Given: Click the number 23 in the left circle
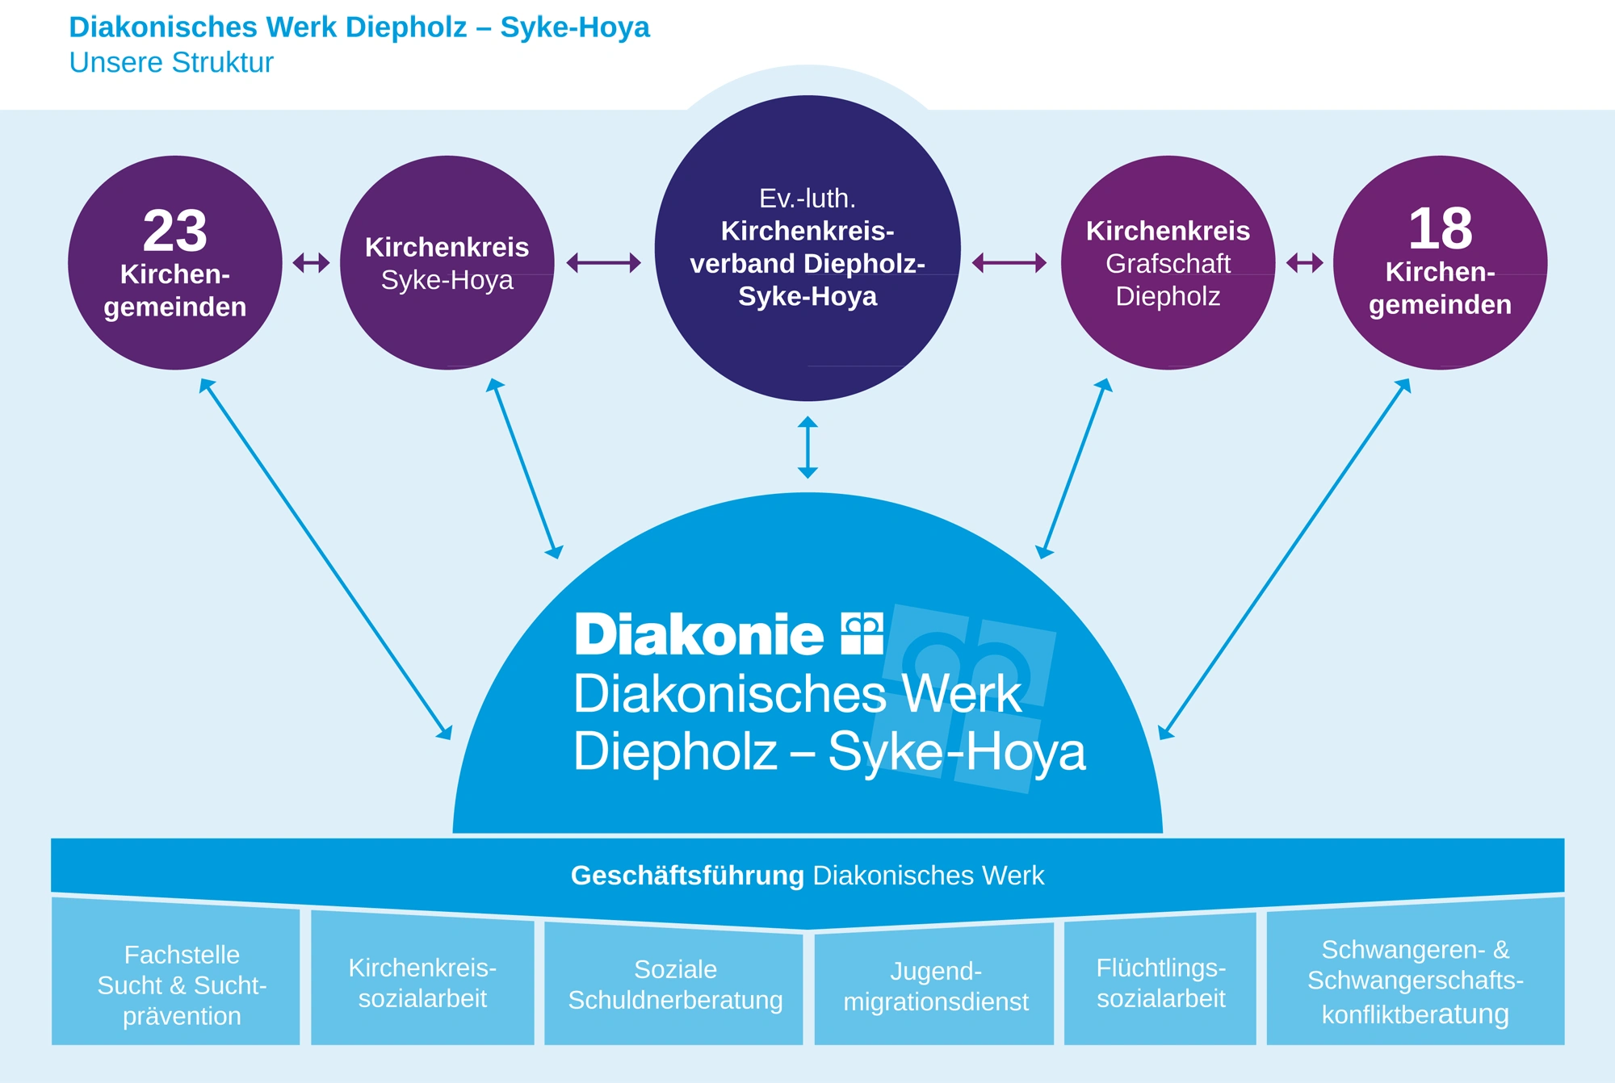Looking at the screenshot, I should point(175,232).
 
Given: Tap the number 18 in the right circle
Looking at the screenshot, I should point(1440,229).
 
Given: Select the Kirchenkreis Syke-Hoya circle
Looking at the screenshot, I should point(447,263).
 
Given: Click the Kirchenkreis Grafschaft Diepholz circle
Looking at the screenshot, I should point(1168,263).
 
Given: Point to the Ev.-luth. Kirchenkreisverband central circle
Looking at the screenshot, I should point(807,248).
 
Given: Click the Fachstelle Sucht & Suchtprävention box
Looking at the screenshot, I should point(182,985).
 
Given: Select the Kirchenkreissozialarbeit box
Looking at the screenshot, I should point(422,983).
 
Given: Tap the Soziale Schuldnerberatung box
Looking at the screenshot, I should point(675,985).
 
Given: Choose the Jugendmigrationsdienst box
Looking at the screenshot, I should point(935,986).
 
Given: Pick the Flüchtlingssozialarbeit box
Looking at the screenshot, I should point(1160,983).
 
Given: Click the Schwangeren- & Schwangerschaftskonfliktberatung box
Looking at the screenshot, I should point(1415,981).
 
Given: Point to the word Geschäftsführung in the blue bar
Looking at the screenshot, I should point(687,876).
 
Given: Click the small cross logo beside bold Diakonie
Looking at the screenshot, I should point(862,633).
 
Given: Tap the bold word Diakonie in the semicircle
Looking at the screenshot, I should point(699,635).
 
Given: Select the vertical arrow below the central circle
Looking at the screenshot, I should point(807,447).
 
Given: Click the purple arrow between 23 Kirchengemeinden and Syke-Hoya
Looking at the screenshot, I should point(311,262).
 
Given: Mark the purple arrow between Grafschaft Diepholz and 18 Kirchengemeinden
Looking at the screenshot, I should point(1304,262).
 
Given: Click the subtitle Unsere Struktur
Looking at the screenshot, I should point(171,63).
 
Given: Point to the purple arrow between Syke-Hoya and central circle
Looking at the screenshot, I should point(603,262).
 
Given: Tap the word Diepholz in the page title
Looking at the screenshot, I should point(406,27).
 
